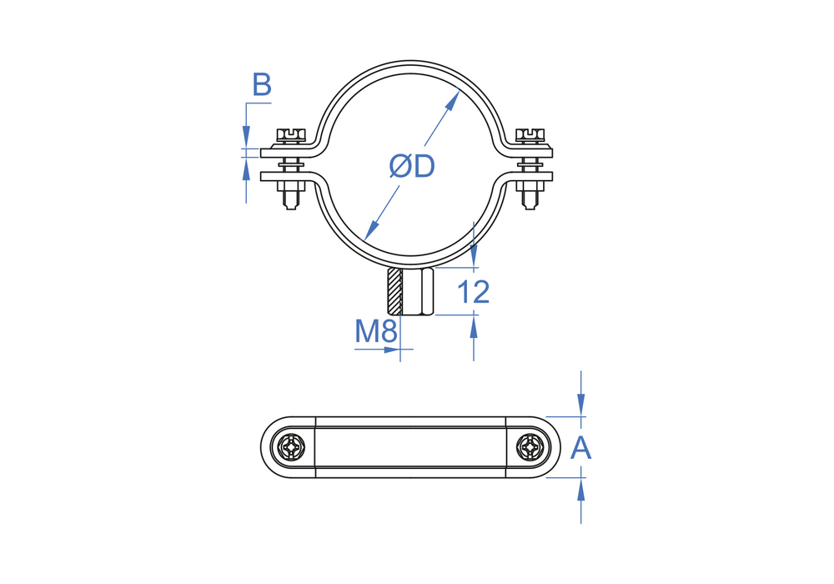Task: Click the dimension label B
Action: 262,85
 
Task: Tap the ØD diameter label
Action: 412,166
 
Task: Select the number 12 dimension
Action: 473,291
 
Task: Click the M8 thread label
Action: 376,331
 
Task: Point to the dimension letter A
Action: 580,448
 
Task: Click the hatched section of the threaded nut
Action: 394,291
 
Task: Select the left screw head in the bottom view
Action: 292,448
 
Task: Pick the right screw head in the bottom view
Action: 530,448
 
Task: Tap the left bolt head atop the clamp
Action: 291,136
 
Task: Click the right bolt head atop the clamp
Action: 530,136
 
